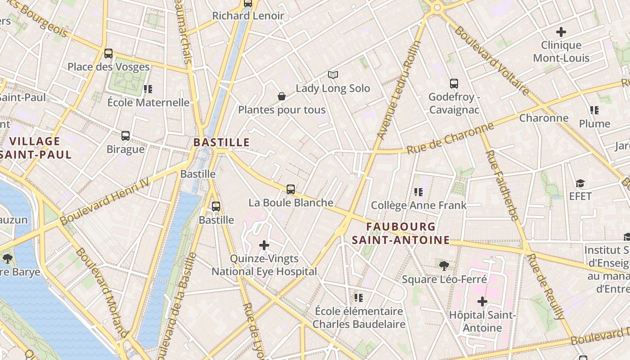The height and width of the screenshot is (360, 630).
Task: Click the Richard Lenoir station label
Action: click(x=248, y=16)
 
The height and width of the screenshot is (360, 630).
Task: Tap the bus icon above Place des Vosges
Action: click(x=108, y=54)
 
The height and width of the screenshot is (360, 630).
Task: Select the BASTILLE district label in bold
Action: click(x=221, y=142)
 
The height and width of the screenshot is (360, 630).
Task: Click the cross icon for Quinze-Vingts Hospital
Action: click(x=264, y=245)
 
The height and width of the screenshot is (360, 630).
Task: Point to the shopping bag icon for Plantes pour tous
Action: click(x=282, y=96)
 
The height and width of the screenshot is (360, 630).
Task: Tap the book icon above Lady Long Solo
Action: click(x=333, y=75)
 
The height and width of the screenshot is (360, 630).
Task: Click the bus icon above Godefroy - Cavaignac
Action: click(x=454, y=84)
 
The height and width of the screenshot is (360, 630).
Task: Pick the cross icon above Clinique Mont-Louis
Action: click(x=561, y=32)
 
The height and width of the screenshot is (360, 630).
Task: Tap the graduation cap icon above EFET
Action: click(x=580, y=183)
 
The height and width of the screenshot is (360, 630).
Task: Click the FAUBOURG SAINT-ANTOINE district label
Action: click(x=400, y=233)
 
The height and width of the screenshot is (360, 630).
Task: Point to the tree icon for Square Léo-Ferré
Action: click(x=444, y=266)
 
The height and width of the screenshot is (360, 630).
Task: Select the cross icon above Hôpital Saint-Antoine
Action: click(x=482, y=301)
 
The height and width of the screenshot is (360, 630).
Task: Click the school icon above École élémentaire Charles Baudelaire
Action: click(x=359, y=298)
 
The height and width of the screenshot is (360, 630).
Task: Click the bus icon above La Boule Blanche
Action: click(x=291, y=189)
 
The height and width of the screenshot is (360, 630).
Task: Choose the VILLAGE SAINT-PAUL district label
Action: click(x=36, y=148)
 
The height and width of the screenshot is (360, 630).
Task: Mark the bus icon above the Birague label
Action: click(x=126, y=136)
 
